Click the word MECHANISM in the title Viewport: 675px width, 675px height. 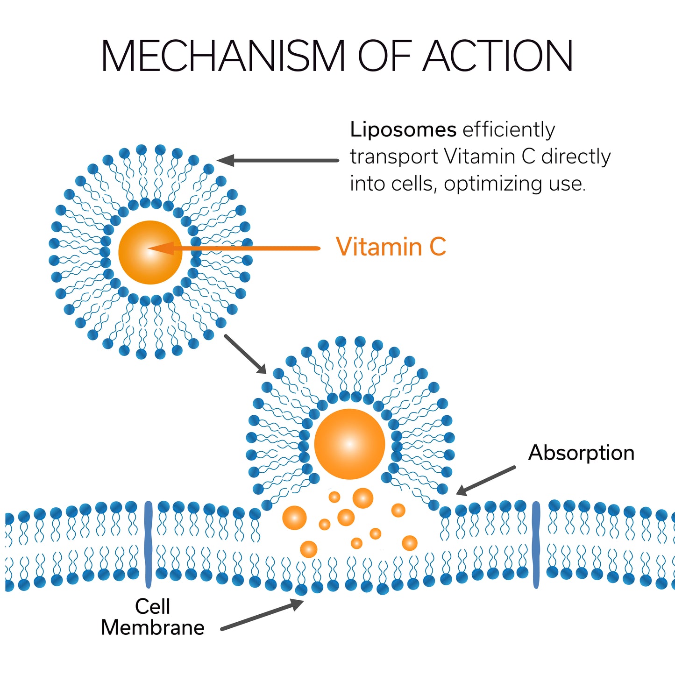coord(223,56)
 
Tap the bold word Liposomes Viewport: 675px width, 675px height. coord(403,129)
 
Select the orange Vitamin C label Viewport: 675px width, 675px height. coord(391,247)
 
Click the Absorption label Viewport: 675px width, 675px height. coord(581,453)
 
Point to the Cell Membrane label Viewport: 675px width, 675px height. coord(153,617)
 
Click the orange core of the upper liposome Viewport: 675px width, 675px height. coord(150,252)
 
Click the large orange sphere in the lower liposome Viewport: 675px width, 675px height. coord(349,444)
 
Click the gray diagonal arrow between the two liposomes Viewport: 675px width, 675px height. coord(245,354)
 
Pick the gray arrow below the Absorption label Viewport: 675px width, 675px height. coord(486,480)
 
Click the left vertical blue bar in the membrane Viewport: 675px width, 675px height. coord(148,544)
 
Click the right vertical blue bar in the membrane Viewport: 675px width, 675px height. coord(536,544)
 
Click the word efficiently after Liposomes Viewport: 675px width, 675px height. coord(509,129)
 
